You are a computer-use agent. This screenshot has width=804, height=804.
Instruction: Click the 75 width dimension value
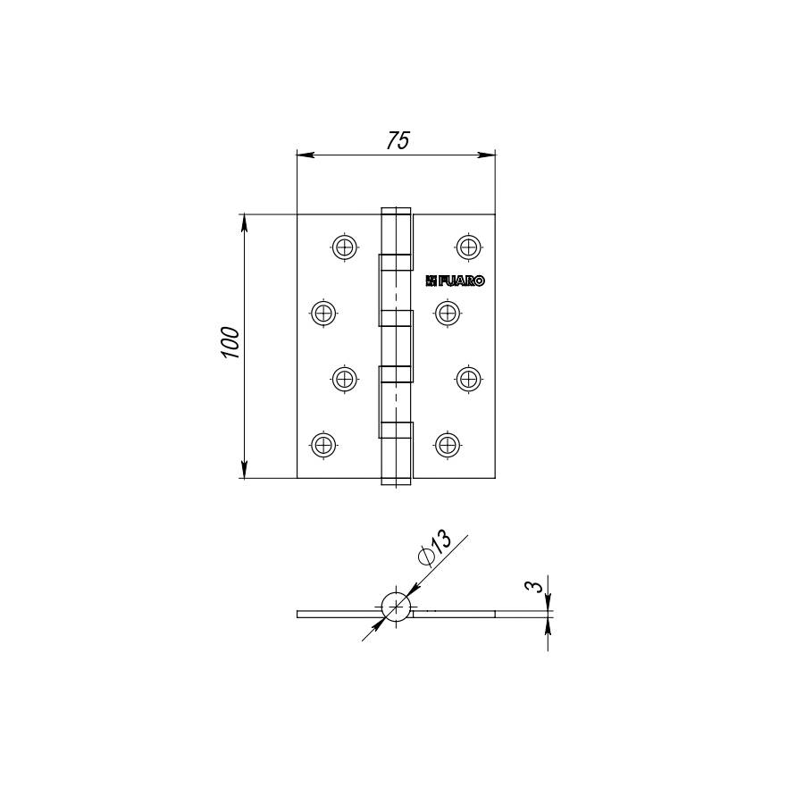click(x=398, y=140)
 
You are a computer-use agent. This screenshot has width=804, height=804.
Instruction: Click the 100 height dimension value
click(x=230, y=342)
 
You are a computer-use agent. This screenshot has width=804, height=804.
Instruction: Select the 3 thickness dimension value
click(x=534, y=586)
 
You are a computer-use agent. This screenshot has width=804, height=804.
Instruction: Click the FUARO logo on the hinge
click(x=455, y=281)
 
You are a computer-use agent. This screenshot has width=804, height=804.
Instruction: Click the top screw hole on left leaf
click(x=345, y=247)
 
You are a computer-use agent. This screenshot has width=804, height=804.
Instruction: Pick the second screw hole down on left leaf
click(x=323, y=313)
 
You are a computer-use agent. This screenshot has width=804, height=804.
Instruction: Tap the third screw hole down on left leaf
click(x=345, y=380)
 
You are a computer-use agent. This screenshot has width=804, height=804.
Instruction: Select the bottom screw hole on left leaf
click(x=323, y=445)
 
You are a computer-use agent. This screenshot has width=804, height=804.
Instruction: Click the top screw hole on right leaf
click(x=468, y=247)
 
